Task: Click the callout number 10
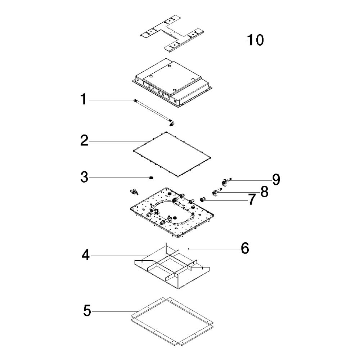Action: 255,40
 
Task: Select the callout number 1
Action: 84,99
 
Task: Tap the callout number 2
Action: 84,140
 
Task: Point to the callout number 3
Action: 84,177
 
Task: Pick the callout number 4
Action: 85,255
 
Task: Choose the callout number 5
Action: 87,311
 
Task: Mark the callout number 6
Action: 245,248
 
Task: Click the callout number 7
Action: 252,199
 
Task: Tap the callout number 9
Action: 276,179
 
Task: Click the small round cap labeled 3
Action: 151,177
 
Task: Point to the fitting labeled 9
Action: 226,181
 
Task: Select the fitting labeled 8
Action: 216,192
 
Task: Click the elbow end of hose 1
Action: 171,123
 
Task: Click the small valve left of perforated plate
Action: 134,192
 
